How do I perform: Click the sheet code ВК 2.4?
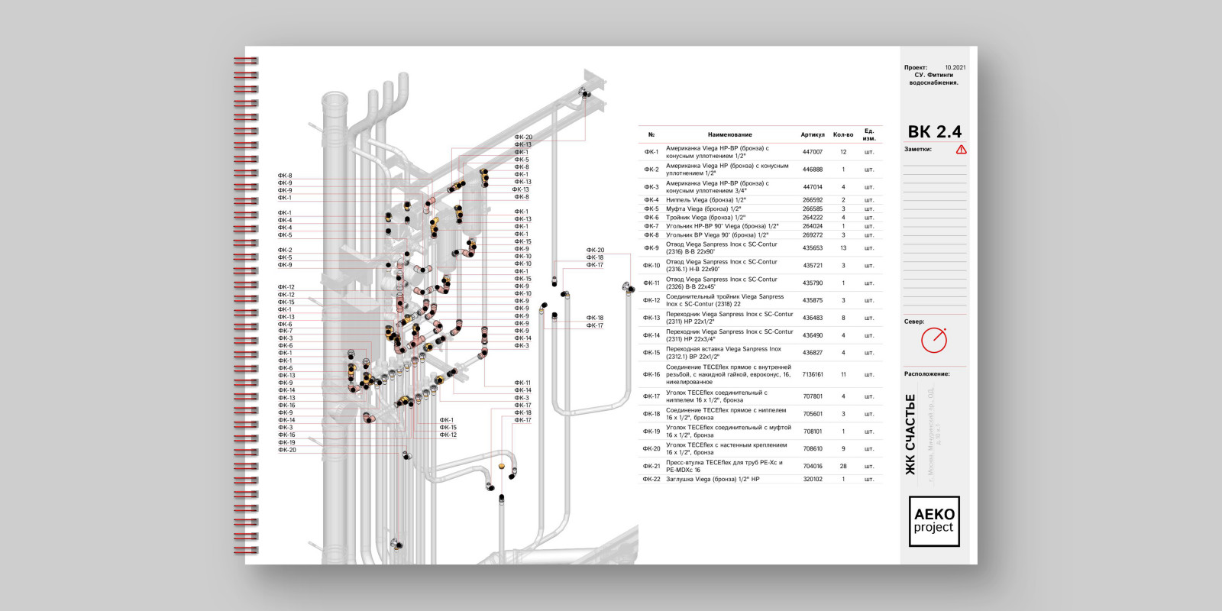(934, 131)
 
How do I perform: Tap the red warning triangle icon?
(961, 150)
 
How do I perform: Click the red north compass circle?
(933, 340)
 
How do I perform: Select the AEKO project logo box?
(933, 521)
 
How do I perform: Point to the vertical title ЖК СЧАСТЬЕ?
(910, 434)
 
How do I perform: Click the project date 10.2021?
(955, 67)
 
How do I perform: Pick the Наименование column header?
(729, 134)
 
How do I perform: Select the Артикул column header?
(813, 134)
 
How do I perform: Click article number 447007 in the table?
(813, 152)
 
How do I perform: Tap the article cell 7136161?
(813, 374)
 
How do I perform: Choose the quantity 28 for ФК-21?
(843, 466)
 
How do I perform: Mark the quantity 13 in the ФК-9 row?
(843, 248)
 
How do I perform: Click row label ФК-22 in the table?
(651, 480)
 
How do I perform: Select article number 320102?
(813, 480)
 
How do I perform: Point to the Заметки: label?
(918, 150)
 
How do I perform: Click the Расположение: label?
(926, 374)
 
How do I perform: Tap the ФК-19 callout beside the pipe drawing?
(286, 442)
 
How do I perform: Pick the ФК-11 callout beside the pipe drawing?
(522, 383)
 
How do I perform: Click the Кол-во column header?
(843, 134)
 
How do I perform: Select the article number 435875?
(813, 300)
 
